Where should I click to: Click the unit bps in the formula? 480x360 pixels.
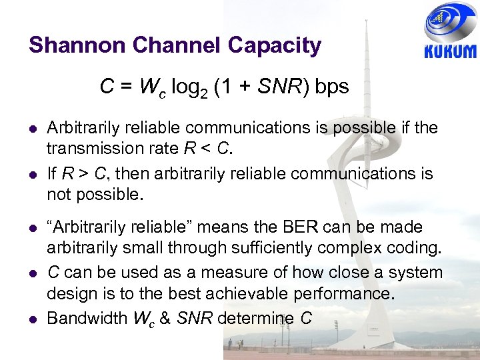332,87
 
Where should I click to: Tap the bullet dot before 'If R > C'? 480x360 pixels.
32,175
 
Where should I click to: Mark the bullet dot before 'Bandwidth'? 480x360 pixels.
32,319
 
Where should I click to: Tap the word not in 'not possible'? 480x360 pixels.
57,195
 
